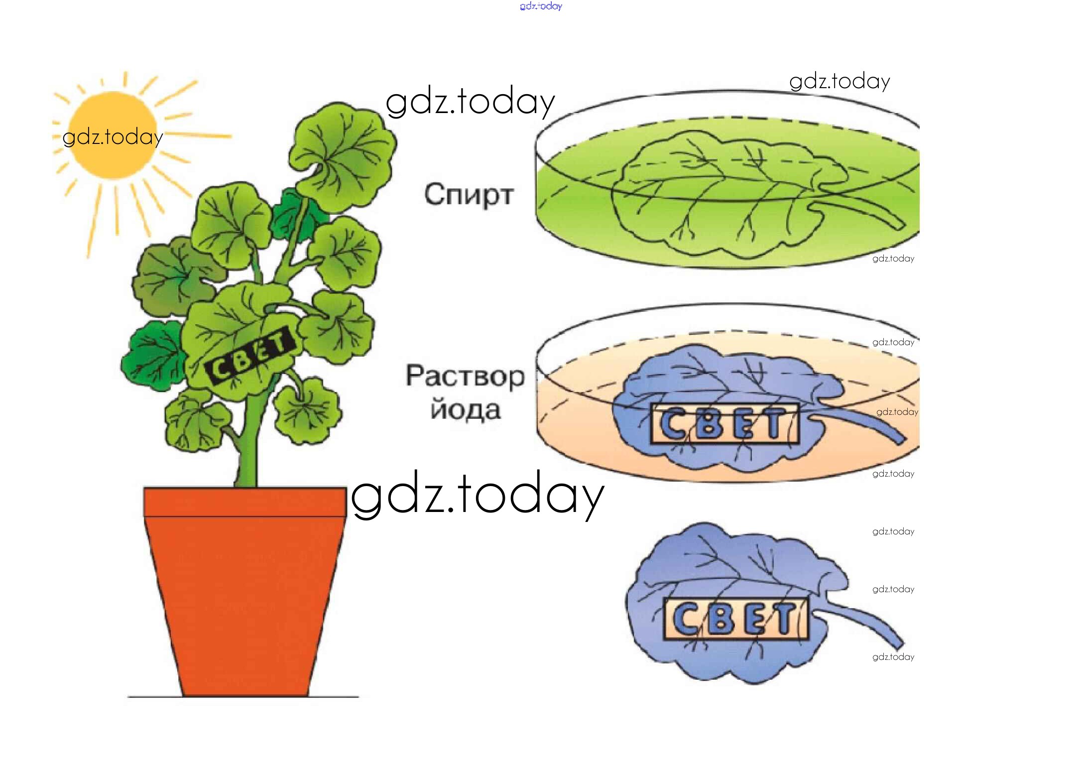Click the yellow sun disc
pos(113,135)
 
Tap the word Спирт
pos(469,195)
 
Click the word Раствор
pos(465,376)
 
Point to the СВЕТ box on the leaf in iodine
pos(724,424)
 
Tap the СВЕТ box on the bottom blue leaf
pos(736,619)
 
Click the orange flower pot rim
pos(245,502)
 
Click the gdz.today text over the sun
pos(113,136)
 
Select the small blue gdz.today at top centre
pos(541,6)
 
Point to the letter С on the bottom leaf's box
pos(686,619)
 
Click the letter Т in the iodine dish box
pos(775,424)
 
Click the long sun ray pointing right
pos(197,134)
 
